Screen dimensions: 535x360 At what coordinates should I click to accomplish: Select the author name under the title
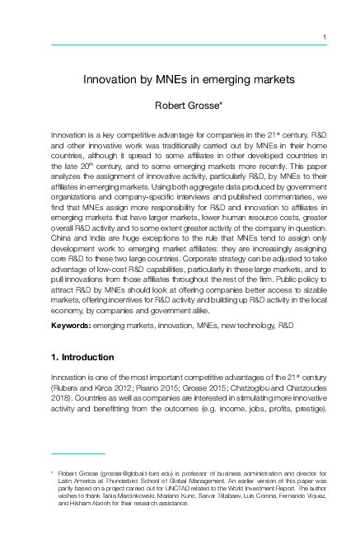[x=189, y=106]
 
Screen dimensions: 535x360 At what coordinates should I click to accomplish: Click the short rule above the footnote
[x=77, y=453]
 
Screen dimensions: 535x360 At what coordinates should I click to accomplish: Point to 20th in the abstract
[x=86, y=166]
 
